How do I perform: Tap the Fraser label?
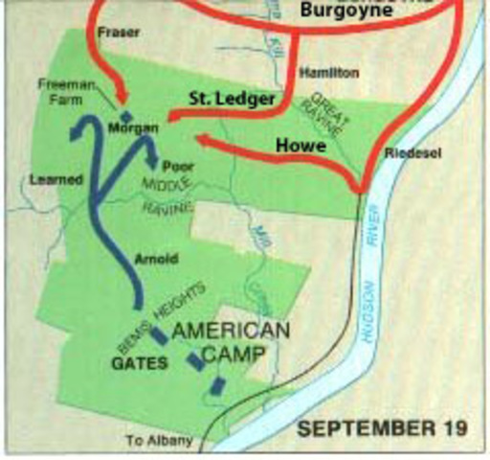(119, 33)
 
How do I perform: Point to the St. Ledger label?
(242, 100)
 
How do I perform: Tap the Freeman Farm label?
(66, 90)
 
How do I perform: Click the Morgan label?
(133, 126)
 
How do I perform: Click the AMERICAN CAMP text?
(232, 342)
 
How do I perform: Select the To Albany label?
(159, 441)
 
